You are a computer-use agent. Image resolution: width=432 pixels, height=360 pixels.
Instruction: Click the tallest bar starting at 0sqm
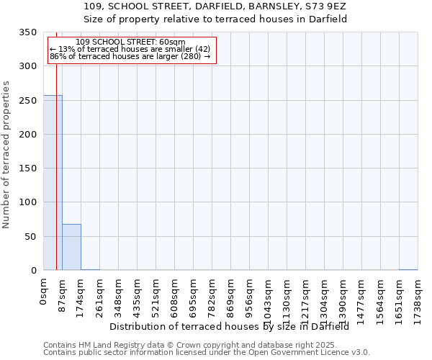53,183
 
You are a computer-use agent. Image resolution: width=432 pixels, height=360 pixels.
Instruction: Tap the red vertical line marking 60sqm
56,158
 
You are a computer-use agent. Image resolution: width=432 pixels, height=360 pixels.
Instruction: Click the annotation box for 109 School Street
131,49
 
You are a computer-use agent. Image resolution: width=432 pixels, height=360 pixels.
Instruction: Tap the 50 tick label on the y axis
30,237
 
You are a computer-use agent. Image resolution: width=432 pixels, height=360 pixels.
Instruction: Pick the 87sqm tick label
63,294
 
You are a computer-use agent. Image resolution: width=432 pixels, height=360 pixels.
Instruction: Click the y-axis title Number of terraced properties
7,154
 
